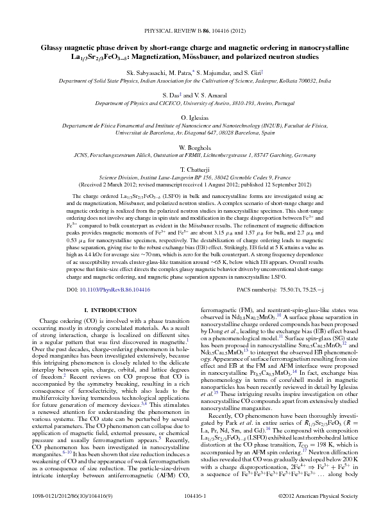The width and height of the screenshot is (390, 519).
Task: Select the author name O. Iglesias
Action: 194,119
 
